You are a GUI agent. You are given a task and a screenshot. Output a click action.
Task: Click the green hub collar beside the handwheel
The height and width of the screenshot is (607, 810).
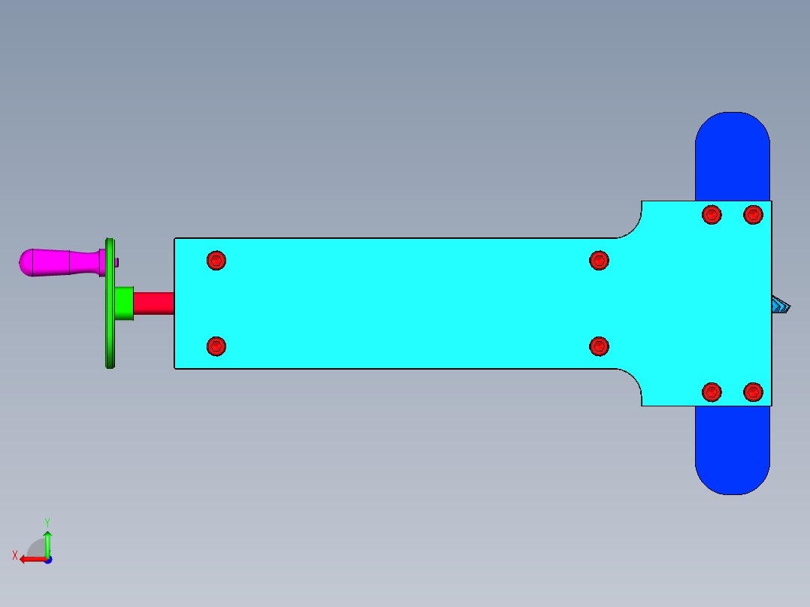[124, 303]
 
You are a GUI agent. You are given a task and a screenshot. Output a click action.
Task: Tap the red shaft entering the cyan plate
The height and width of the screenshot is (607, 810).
[153, 303]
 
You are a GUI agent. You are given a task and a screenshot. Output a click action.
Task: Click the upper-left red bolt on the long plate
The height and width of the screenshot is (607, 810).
[216, 261]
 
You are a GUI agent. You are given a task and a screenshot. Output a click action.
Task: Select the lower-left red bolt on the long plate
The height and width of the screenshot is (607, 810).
[216, 346]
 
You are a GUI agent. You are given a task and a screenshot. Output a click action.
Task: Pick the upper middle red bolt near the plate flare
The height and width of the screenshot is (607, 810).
[599, 261]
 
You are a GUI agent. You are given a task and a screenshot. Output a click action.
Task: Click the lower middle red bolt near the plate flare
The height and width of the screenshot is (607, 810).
[599, 346]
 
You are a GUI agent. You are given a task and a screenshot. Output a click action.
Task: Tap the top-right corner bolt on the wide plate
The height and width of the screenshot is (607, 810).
[753, 215]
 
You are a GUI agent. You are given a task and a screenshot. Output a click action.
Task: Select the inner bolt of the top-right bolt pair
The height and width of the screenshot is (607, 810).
[712, 215]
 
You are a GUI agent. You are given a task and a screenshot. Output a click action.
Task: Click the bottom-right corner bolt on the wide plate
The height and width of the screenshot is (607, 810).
[753, 391]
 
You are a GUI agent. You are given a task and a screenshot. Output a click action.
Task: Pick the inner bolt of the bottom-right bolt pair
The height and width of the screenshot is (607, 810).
[712, 391]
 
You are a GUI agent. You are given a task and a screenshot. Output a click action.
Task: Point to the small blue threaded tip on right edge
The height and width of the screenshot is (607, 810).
[781, 306]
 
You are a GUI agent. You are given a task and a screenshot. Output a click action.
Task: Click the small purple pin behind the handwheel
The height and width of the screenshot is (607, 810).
[118, 261]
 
